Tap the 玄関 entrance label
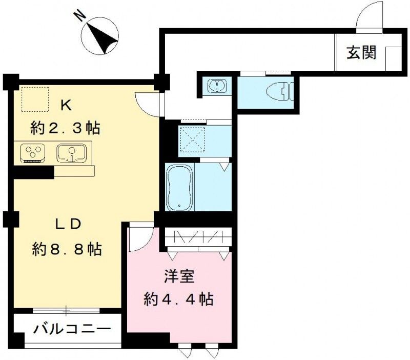coord(361,53)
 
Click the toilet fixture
coord(278,92)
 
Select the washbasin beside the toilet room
coord(218,85)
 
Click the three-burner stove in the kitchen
coord(33,152)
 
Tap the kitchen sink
coord(71,152)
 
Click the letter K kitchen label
coord(66,105)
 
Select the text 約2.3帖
coord(65,128)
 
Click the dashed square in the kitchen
coord(35,98)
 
